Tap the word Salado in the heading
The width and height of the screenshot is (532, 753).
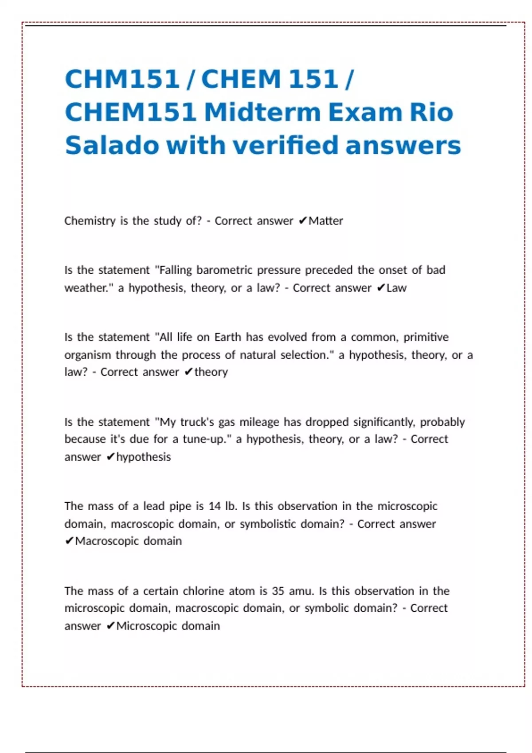coord(112,145)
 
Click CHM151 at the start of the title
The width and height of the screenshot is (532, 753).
coord(122,79)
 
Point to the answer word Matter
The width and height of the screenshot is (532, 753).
coord(326,221)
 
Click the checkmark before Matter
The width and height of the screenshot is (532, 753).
coord(303,221)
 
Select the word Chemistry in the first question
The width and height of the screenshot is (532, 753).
coord(90,221)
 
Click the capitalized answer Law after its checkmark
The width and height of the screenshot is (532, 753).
coord(396,288)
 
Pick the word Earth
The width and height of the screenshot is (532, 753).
coord(228,337)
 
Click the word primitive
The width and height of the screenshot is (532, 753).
coord(426,337)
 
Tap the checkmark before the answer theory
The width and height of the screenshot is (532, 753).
coord(188,372)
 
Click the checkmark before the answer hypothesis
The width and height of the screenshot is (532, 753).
coord(111,457)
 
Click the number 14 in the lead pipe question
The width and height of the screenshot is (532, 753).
coord(215,506)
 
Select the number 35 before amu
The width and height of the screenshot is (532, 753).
coord(278,591)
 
